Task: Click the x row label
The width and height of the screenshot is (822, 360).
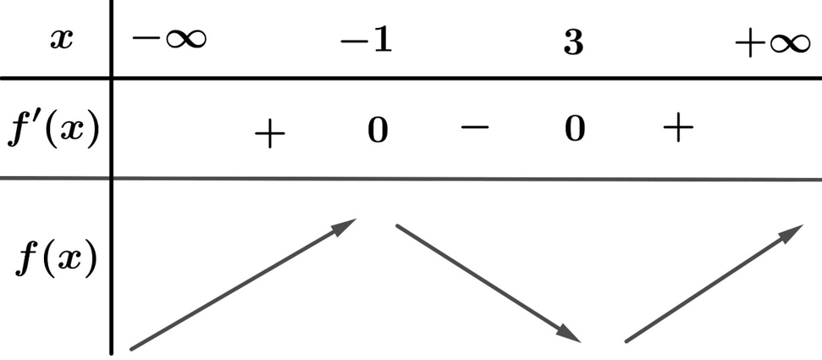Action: [x=61, y=39]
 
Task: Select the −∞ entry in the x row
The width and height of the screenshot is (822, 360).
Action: [x=169, y=39]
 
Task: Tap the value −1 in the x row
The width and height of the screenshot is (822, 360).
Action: [x=366, y=41]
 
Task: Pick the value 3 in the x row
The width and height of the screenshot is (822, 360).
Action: [x=573, y=42]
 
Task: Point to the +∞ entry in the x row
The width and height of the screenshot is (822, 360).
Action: [x=773, y=42]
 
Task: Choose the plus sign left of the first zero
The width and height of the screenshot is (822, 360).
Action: [x=269, y=133]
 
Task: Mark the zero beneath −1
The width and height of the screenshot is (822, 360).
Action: [x=378, y=130]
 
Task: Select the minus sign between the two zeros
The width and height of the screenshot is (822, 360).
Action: [x=475, y=127]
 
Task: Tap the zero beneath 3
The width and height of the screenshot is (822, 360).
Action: [x=575, y=129]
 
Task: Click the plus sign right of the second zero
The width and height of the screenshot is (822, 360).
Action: [x=678, y=127]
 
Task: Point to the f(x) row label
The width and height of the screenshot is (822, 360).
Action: [x=56, y=258]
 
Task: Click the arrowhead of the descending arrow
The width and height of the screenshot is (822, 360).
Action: [x=570, y=334]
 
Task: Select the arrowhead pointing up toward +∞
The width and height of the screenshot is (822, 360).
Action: [x=792, y=233]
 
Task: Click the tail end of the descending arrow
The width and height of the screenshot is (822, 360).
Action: [x=398, y=226]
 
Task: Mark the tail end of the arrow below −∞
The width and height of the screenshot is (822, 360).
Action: [x=131, y=348]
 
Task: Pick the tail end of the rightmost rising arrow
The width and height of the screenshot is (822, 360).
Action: [x=626, y=341]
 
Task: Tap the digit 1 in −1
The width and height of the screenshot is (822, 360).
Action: [x=383, y=41]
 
